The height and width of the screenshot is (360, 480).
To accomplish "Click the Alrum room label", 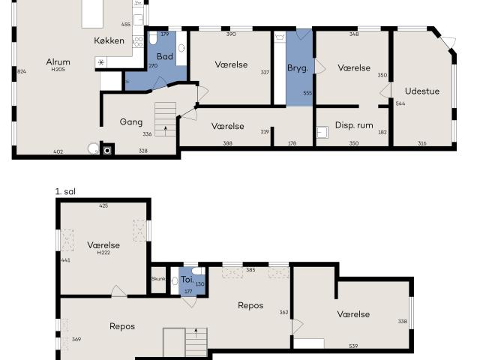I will [58, 62].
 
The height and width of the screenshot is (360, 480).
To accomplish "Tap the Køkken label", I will [109, 40].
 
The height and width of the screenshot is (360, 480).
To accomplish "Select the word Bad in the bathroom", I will [164, 55].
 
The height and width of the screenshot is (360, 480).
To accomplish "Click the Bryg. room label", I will [298, 68].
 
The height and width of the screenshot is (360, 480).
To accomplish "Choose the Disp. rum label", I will [354, 124].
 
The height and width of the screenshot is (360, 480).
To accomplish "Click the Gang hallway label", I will [131, 121].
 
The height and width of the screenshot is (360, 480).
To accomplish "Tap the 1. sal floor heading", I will [65, 191].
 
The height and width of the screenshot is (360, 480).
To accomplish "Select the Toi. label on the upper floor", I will [187, 279].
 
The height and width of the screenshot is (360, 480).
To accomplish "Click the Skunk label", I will [158, 279].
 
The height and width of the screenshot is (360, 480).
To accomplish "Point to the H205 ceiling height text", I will [58, 70].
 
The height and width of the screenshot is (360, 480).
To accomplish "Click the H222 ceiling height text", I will [103, 253].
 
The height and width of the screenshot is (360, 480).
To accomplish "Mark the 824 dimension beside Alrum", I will [21, 71].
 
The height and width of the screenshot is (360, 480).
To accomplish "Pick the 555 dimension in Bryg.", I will [307, 93].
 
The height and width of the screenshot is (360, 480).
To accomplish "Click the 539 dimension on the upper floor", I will [353, 346].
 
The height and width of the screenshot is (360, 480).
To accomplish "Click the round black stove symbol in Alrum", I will [108, 150].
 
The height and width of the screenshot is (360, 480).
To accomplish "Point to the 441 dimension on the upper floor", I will [65, 260].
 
